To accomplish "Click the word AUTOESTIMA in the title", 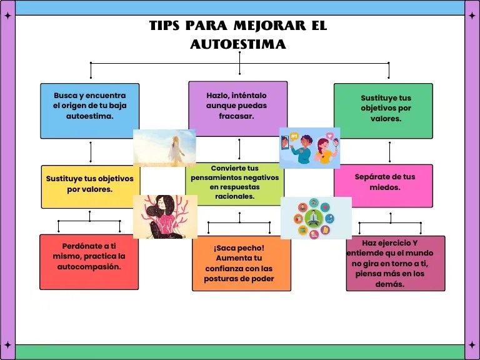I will coord(237,44).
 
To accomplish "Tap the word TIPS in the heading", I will coord(164,26).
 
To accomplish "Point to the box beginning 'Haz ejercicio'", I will coord(396,263).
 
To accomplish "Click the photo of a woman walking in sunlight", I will coord(164,147).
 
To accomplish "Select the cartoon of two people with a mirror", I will coord(309,147).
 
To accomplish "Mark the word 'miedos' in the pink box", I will coord(384,187).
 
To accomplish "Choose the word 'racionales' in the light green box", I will coord(234,196).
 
